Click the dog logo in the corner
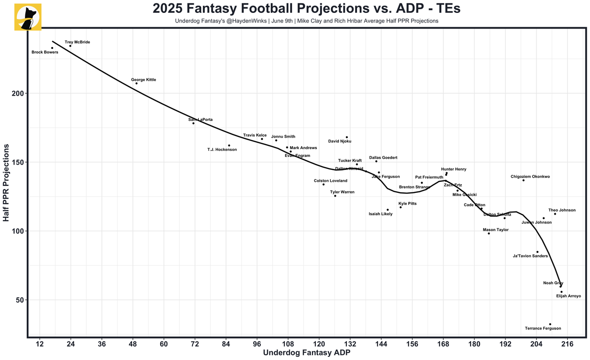click(28, 18)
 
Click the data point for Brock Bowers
click(52, 48)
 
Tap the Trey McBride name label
click(77, 42)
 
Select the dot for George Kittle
click(136, 83)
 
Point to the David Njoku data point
click(347, 137)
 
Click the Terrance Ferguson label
click(543, 329)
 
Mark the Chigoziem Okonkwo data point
click(523, 180)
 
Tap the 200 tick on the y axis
click(18, 93)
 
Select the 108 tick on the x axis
click(288, 344)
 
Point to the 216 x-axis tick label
click(567, 344)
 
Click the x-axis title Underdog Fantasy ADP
click(306, 353)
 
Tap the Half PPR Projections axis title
click(6, 183)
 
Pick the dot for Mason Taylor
click(489, 234)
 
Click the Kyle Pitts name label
click(407, 204)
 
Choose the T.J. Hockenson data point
click(229, 145)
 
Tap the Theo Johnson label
click(562, 210)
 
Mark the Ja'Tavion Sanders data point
click(537, 252)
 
